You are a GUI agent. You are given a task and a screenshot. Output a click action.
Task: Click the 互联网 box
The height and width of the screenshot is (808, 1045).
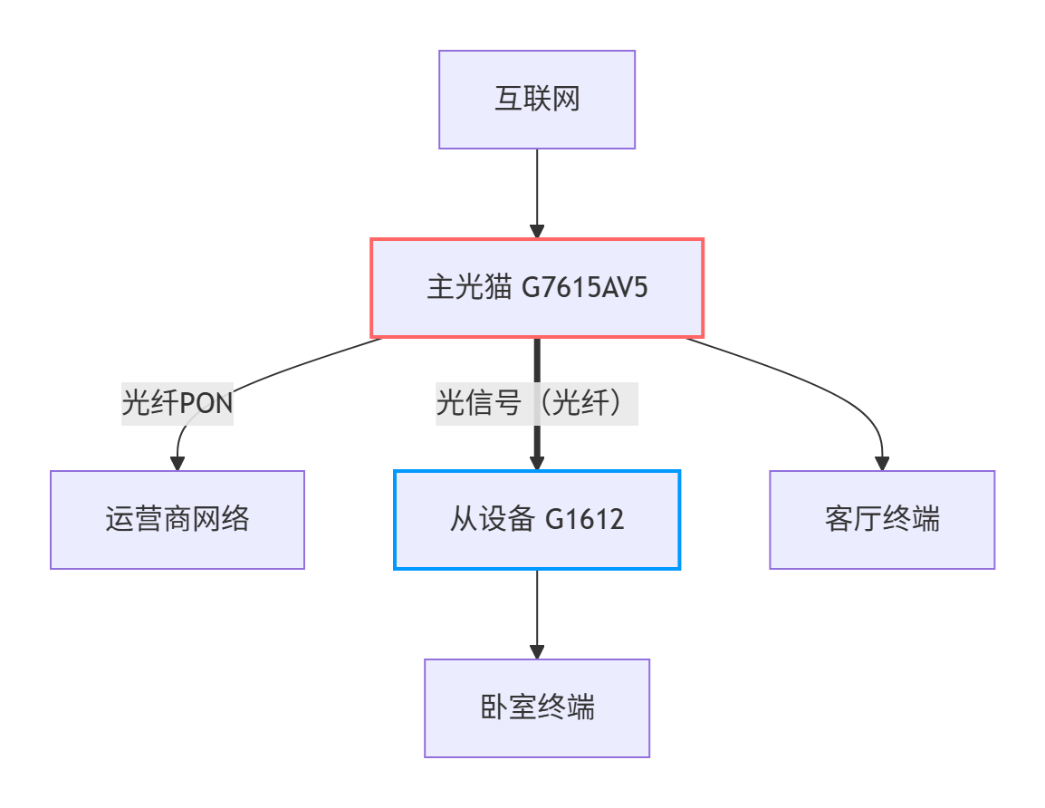[537, 99]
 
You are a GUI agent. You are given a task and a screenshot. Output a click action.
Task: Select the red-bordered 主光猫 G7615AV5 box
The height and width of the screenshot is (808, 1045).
[537, 288]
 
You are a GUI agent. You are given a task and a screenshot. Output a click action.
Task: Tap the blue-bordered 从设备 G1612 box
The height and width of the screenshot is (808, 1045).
[537, 520]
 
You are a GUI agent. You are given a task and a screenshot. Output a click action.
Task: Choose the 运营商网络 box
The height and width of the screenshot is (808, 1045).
[177, 520]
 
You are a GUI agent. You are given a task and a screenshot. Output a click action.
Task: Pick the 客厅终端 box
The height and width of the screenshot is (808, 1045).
[882, 520]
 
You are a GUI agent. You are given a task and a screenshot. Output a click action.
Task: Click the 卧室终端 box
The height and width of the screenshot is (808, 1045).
[537, 708]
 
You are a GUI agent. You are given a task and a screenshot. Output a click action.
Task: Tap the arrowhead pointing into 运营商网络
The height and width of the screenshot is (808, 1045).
[177, 463]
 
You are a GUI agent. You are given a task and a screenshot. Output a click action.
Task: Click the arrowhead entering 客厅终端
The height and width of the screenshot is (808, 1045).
[882, 463]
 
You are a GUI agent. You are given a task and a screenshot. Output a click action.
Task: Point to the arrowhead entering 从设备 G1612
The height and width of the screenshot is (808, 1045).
[537, 462]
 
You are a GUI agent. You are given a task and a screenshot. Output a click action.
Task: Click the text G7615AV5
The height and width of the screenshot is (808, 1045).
[586, 288]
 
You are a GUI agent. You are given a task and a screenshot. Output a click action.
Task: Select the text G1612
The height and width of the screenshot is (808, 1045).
[585, 520]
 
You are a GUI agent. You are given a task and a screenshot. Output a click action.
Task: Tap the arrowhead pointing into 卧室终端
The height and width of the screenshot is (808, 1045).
[537, 651]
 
